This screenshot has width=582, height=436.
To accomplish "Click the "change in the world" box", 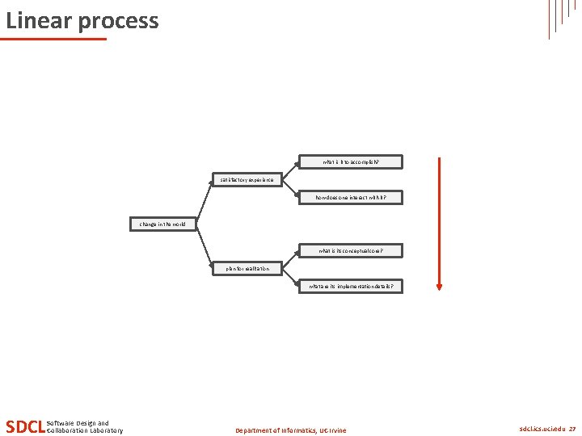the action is [x=163, y=224].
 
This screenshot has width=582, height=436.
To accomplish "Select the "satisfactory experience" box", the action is [x=247, y=179].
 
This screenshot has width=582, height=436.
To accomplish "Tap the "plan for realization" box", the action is [x=248, y=268].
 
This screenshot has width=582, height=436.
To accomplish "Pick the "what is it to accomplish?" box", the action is [x=350, y=162].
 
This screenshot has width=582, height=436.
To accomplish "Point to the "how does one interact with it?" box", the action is [x=350, y=197].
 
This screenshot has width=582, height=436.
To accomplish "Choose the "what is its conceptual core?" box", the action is [x=350, y=251].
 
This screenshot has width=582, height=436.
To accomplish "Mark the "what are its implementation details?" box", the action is [x=350, y=286].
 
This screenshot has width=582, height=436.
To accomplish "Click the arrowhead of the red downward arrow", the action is [x=439, y=285].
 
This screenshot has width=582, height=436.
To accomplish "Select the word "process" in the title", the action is [x=120, y=22].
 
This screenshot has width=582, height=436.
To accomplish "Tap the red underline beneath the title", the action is [x=53, y=39].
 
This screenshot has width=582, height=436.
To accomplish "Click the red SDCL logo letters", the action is [x=25, y=426].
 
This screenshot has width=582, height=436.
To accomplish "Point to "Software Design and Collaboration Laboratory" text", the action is [x=85, y=426].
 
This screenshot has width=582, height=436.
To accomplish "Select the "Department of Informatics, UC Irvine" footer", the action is [x=290, y=430].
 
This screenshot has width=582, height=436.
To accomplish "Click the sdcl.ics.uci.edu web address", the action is [x=542, y=429].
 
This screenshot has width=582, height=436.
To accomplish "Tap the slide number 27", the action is [x=572, y=429].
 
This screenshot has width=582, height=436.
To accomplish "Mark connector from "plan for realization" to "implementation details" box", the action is [x=289, y=277].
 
